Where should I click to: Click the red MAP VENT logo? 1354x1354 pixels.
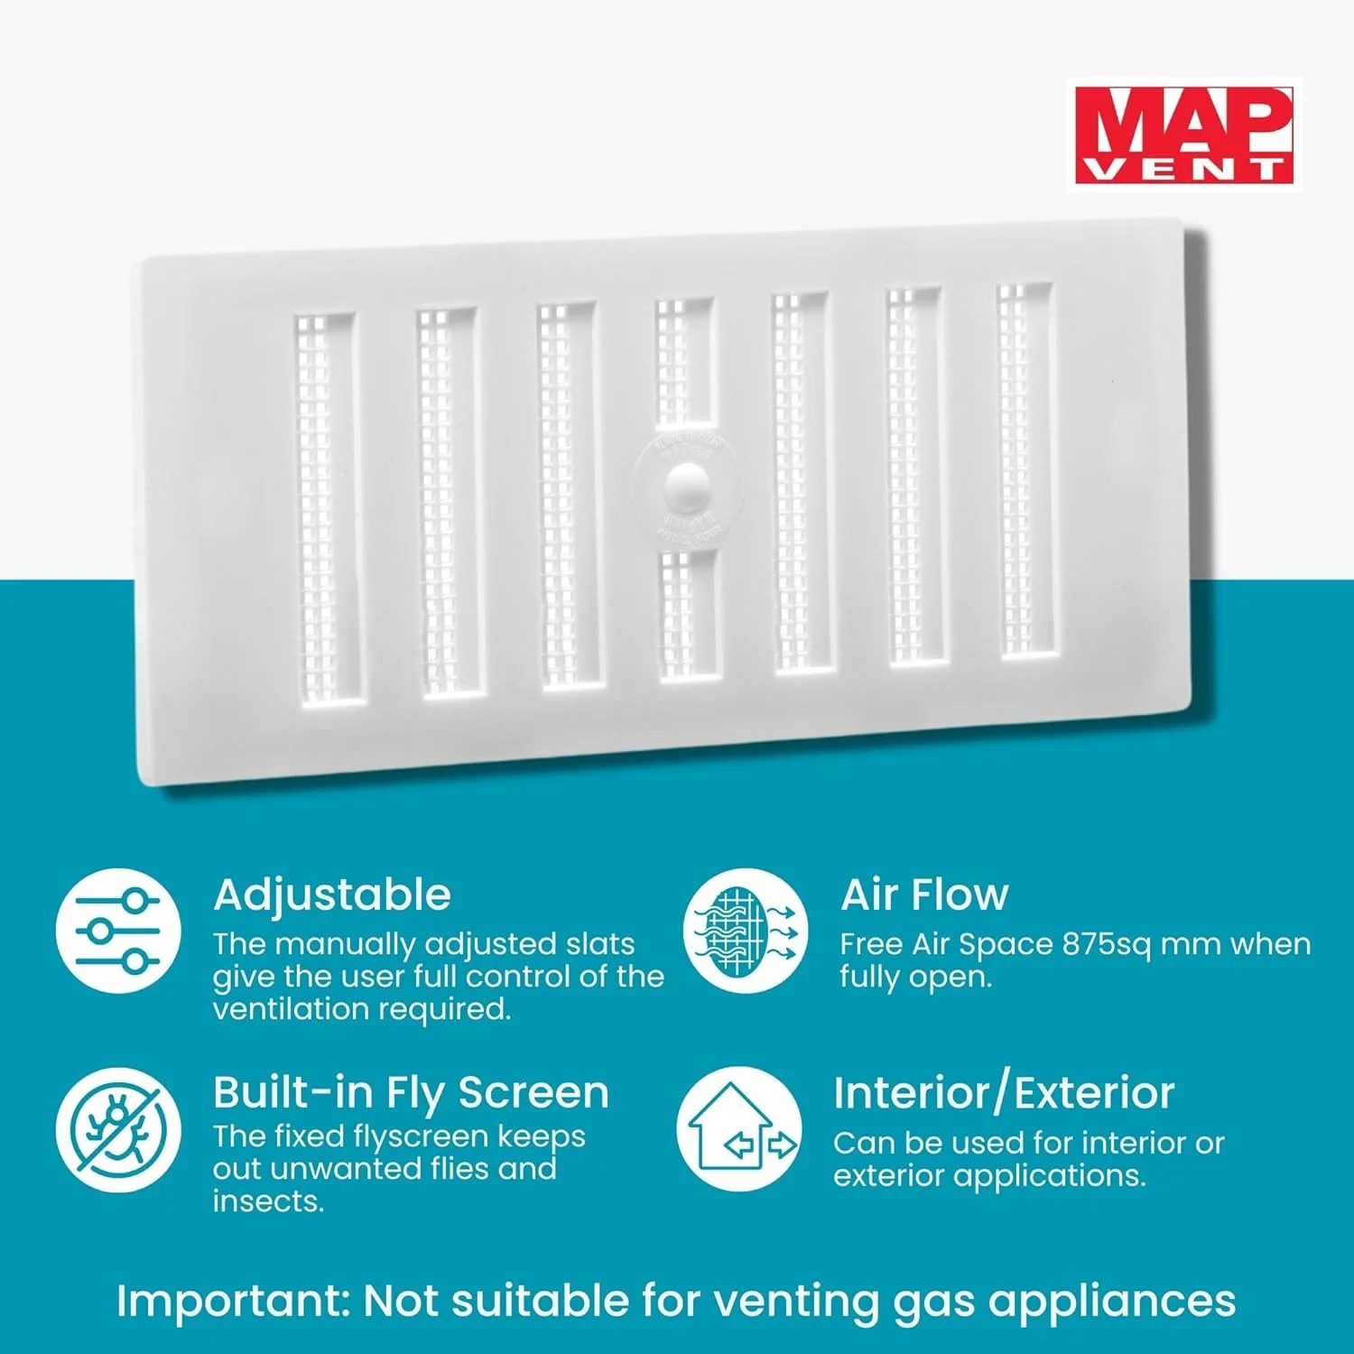click(1182, 135)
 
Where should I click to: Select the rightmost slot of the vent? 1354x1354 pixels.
click(1025, 469)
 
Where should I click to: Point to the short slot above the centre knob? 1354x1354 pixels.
click(684, 361)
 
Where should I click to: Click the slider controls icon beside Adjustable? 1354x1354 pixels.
click(118, 931)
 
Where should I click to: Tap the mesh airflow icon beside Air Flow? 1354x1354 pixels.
click(745, 931)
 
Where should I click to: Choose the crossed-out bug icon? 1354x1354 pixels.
click(118, 1129)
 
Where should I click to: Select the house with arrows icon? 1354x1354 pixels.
click(739, 1129)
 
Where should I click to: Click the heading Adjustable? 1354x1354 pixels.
click(332, 895)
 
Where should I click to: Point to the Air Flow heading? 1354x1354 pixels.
click(924, 895)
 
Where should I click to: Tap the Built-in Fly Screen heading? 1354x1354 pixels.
click(411, 1092)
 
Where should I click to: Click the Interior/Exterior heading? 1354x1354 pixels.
click(1004, 1092)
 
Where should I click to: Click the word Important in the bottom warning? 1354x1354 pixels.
click(232, 1302)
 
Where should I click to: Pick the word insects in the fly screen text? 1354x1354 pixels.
click(267, 1201)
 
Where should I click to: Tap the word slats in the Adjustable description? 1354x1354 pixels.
click(600, 944)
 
